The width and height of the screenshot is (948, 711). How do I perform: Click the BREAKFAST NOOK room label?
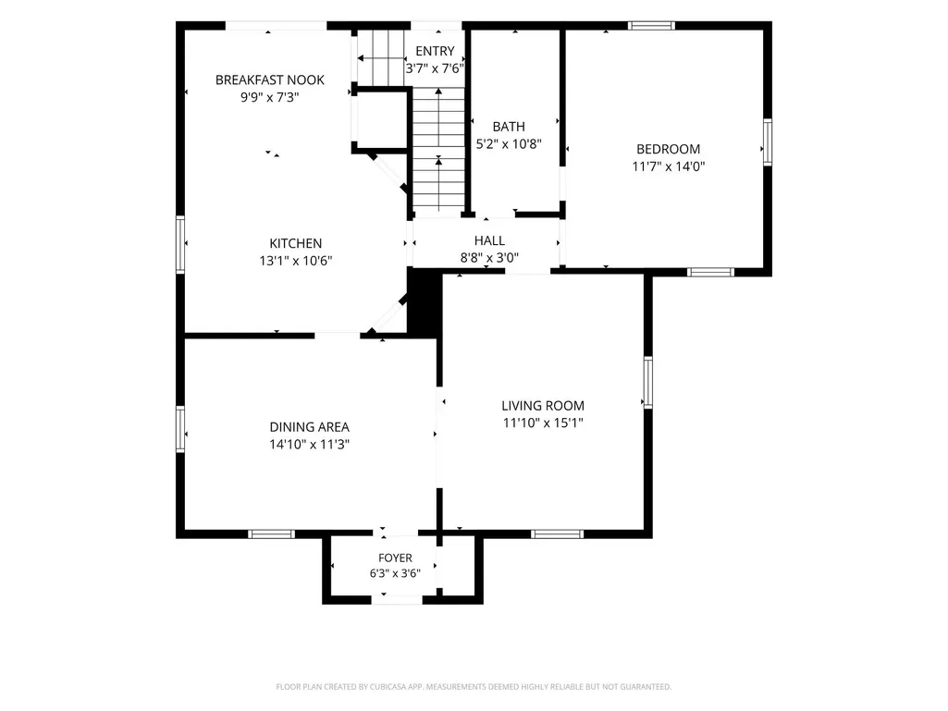pos(270,80)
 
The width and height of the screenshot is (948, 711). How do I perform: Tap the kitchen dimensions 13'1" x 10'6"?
pos(296,261)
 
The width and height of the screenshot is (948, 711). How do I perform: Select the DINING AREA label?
pos(310,427)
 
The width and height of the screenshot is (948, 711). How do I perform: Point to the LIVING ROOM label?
pos(543,406)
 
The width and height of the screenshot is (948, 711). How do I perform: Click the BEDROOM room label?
pos(668,149)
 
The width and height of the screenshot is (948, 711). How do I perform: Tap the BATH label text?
pos(509,127)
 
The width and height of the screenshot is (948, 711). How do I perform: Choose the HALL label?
pos(489,240)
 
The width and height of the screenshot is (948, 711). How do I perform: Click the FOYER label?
pos(396,558)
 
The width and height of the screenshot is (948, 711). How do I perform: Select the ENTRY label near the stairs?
pos(435,52)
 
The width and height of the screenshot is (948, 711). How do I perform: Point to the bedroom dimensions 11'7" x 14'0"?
pos(669,166)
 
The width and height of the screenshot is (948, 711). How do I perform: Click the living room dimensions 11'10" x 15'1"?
pos(543,423)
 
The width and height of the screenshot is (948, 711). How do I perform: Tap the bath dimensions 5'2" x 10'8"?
pos(509,144)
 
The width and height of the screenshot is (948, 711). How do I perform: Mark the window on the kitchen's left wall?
pos(180,244)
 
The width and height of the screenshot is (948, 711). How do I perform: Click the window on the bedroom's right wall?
pos(768,142)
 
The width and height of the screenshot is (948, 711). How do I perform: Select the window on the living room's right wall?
pos(648,383)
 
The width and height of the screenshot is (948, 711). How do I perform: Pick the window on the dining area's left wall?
pos(180,429)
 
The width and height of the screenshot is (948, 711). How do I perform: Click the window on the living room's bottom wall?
pos(558,533)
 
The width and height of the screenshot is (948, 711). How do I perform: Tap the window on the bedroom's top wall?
pos(651,25)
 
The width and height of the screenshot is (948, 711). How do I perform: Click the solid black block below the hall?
pos(425,302)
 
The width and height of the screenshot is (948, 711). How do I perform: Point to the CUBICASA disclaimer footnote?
pos(474,687)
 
